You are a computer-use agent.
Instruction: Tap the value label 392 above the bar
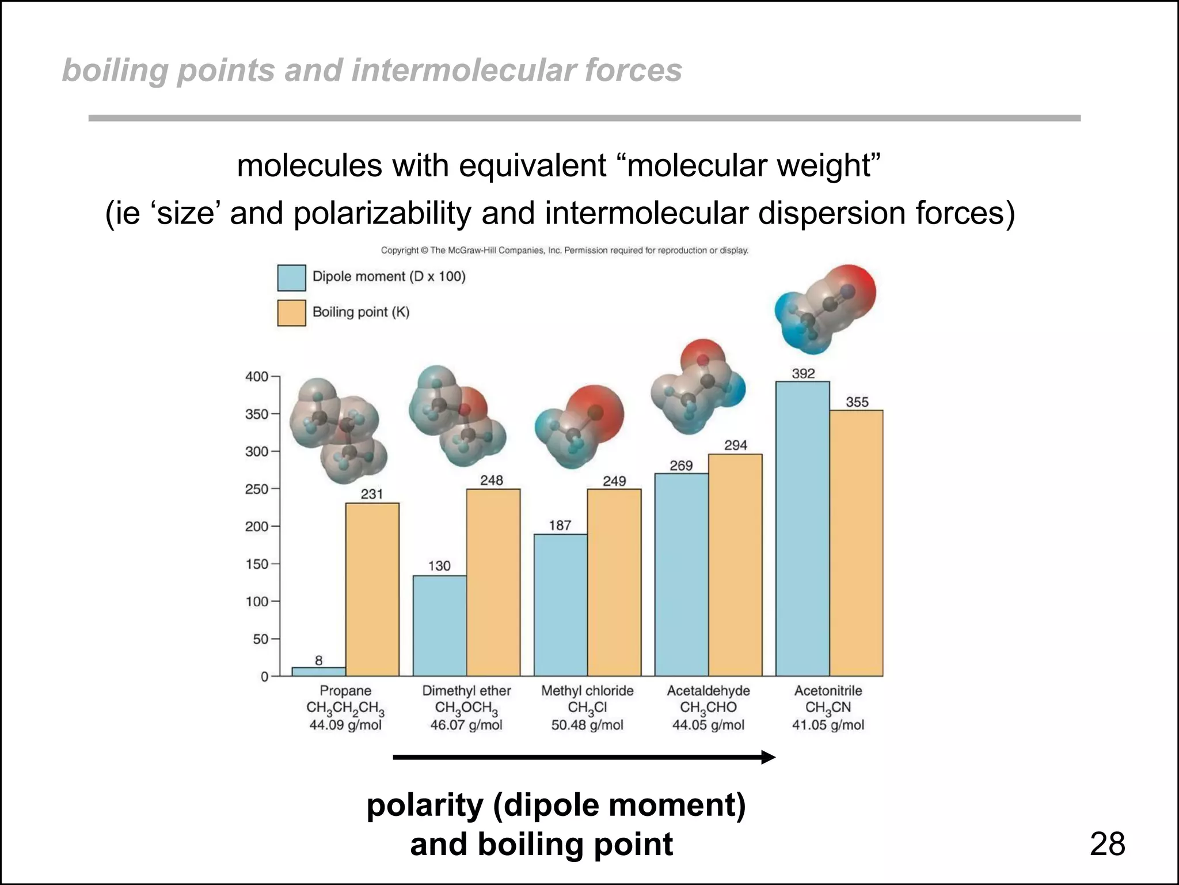tap(803, 373)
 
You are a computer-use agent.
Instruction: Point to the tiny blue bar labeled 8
tap(318, 671)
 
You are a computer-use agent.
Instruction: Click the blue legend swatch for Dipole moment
tap(291, 278)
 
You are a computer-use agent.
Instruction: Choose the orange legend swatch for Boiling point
tap(291, 313)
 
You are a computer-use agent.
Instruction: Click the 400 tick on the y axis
tap(257, 377)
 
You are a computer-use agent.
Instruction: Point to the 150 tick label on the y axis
tap(257, 564)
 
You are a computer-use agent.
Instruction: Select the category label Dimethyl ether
tap(466, 690)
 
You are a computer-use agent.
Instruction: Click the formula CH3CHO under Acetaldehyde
tap(708, 708)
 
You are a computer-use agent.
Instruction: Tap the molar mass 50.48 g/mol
tap(587, 725)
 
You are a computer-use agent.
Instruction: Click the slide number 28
tap(1107, 844)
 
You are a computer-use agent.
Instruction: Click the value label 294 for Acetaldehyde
tap(735, 445)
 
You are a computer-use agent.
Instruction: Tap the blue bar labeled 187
tap(560, 604)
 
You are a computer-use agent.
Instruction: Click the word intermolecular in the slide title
tap(464, 70)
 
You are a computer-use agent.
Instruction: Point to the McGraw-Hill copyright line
tap(564, 250)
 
